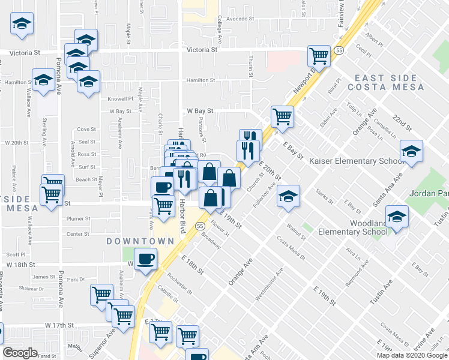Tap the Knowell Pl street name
(120, 98)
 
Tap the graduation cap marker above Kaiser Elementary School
(411, 152)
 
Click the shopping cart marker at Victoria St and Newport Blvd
(319, 56)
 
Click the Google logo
(20, 352)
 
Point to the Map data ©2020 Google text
(411, 355)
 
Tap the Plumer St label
(79, 219)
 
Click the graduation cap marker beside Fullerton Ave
(289, 196)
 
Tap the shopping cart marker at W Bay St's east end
(282, 116)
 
